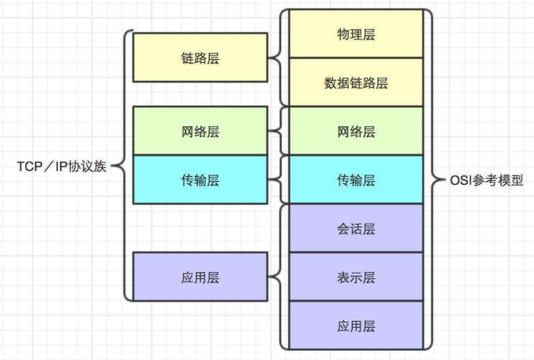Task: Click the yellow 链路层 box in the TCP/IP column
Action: (199, 58)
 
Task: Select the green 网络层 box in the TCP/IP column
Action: (199, 131)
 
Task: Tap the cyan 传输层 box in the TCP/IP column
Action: (199, 180)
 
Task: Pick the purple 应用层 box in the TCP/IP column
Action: (199, 277)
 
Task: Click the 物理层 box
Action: (356, 34)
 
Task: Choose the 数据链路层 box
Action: (356, 82)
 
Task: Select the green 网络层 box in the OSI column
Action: (356, 131)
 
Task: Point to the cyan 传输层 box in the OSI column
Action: (356, 180)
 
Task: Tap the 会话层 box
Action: (356, 228)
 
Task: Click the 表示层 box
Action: (356, 277)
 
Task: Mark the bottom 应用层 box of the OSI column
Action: (356, 325)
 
